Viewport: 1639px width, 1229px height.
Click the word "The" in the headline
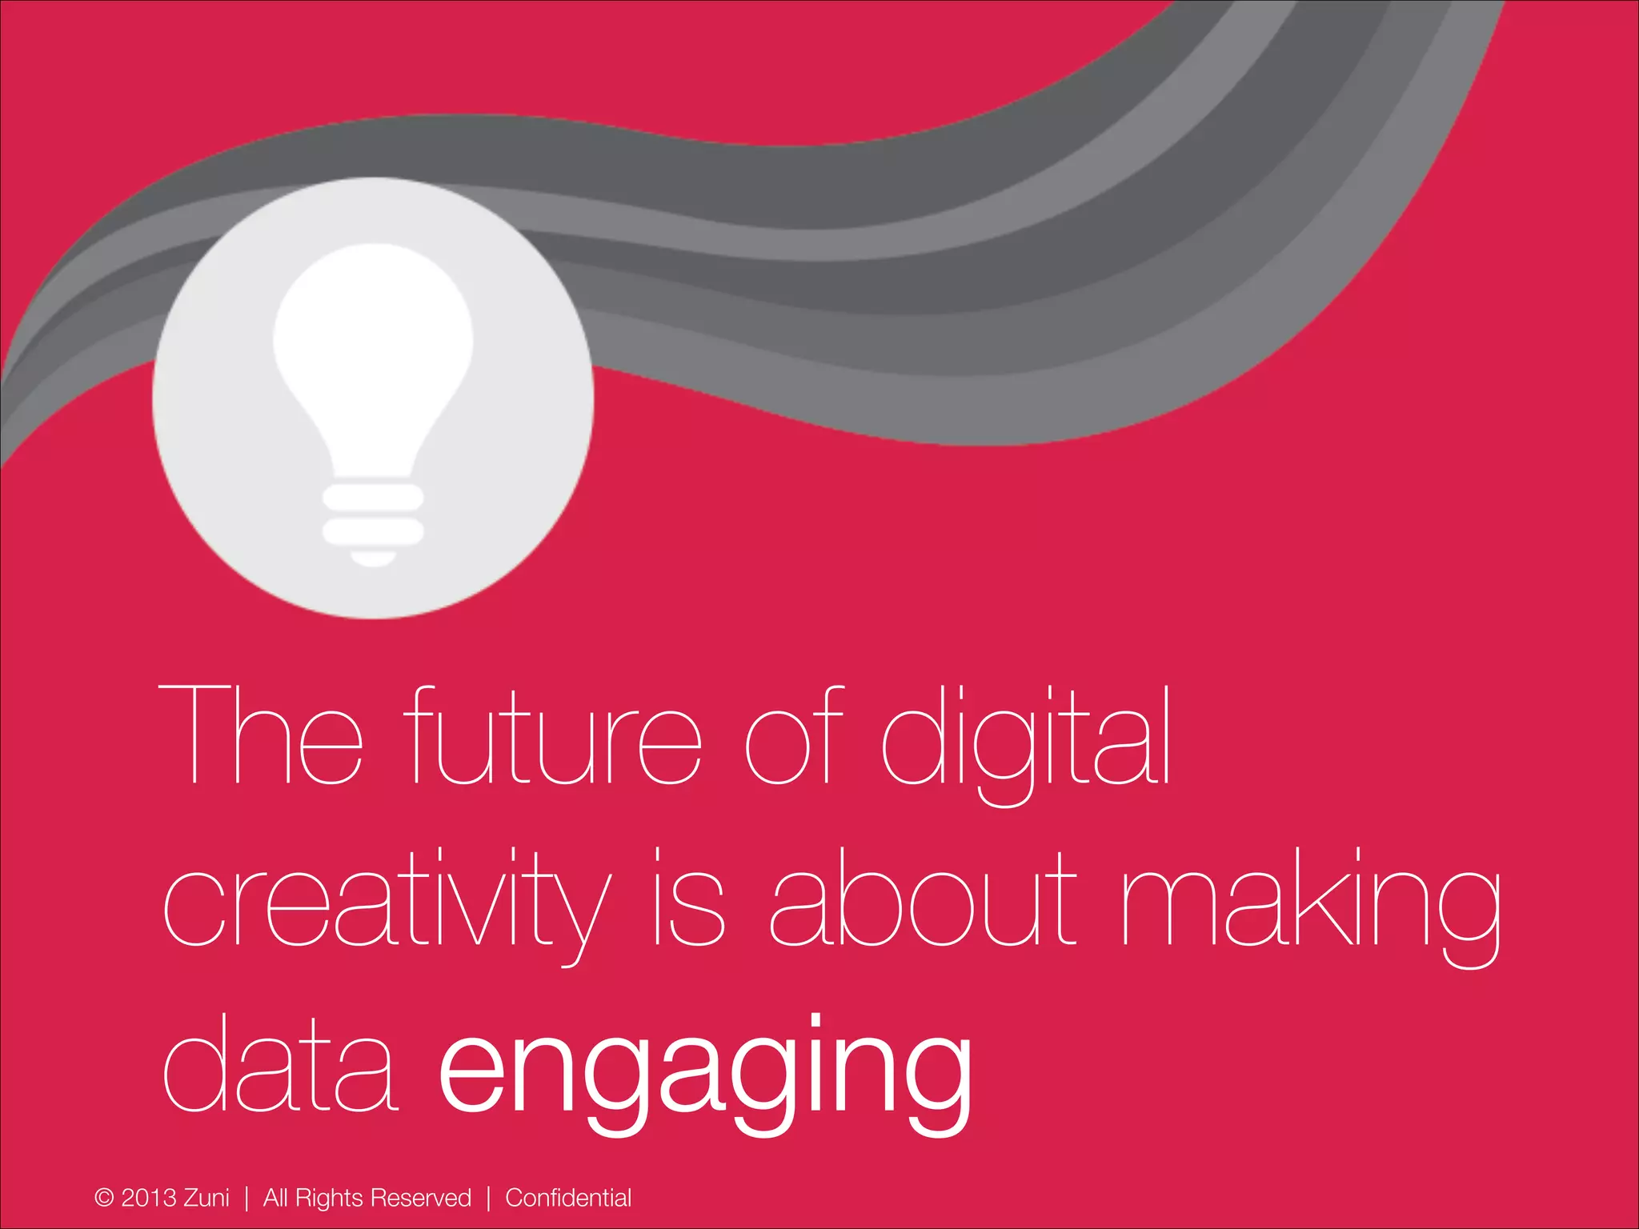[x=261, y=735]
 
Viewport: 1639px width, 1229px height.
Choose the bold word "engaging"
[x=704, y=1072]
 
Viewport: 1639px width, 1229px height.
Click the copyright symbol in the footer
[x=104, y=1198]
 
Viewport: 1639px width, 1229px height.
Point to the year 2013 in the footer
[x=148, y=1198]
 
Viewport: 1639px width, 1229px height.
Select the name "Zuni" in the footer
[x=206, y=1198]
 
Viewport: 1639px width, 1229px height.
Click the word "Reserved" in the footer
[x=421, y=1198]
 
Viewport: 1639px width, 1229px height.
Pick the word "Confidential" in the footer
[x=568, y=1198]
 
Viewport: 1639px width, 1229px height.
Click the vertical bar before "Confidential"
[x=488, y=1198]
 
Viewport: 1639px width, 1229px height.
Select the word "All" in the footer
[x=275, y=1198]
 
